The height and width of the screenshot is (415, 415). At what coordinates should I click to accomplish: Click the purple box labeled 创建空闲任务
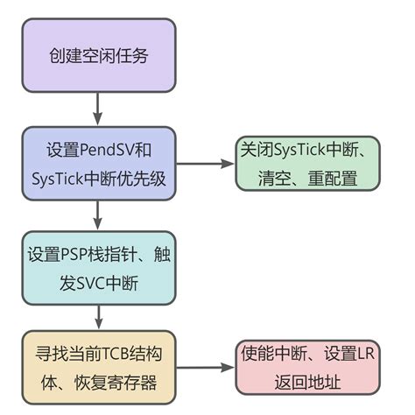98,56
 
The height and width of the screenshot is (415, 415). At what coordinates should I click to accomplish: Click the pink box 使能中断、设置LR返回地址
309,368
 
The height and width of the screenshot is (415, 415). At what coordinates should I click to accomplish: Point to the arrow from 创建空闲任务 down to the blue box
98,108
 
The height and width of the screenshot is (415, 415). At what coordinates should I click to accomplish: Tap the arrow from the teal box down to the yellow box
98,315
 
